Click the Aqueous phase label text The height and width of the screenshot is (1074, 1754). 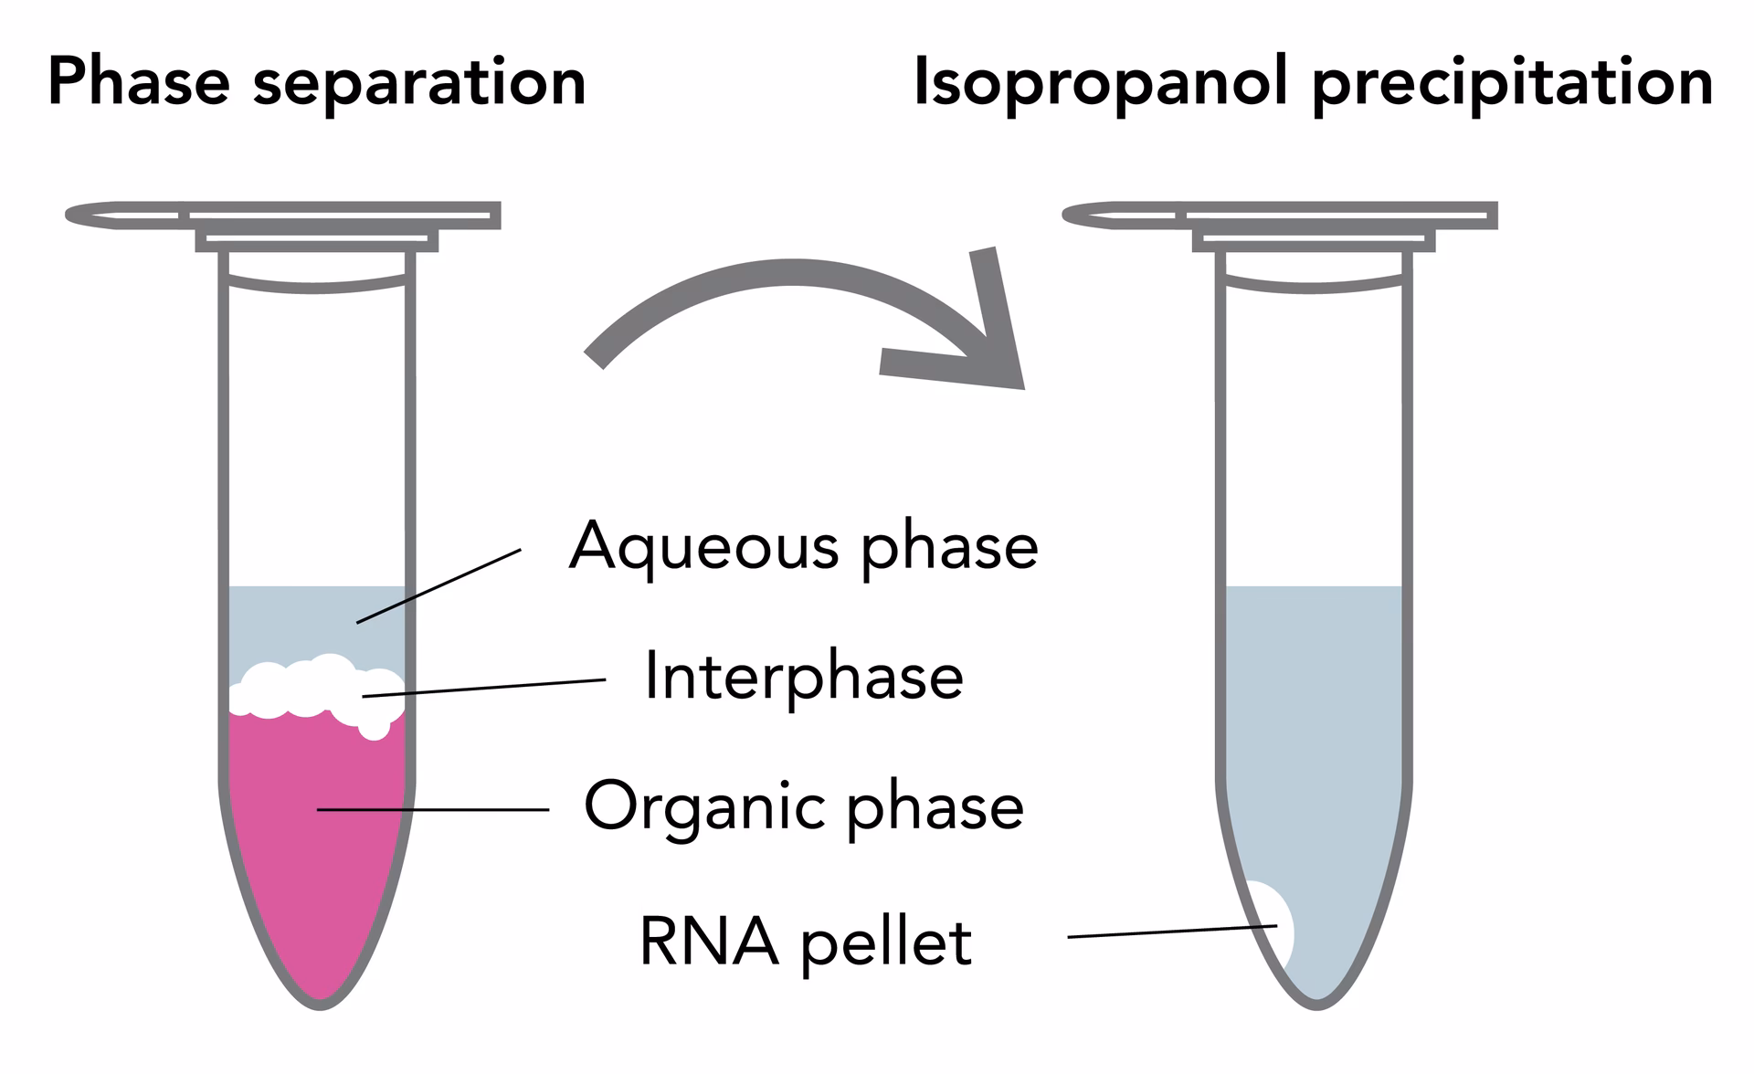point(803,547)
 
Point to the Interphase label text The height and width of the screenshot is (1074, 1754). point(803,677)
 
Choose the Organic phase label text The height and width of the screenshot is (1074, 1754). point(803,806)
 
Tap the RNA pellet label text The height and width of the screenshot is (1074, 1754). point(805,942)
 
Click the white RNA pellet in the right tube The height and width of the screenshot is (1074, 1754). point(1273,922)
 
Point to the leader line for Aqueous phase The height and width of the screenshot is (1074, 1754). point(438,586)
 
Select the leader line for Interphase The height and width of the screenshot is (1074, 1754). point(484,688)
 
